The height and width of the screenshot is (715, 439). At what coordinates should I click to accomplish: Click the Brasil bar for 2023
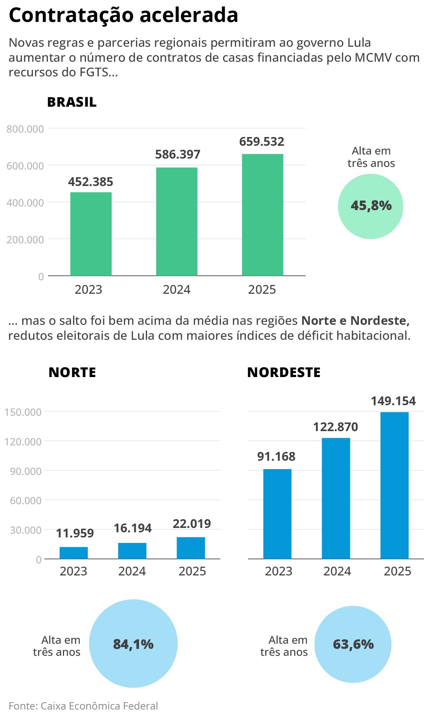pos(91,234)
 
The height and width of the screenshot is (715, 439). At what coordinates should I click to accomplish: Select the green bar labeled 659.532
pos(262,215)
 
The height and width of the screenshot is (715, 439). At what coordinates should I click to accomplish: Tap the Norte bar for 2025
pos(191,548)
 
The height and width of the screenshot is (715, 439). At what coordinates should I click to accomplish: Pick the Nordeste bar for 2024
pos(336,498)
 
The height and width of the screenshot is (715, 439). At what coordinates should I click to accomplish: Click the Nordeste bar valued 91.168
pos(277,514)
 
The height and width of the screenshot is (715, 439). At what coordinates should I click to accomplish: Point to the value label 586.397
pos(178,155)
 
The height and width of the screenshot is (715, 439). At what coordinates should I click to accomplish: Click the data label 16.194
pos(132,528)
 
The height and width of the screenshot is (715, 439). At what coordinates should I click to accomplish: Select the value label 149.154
pos(393,401)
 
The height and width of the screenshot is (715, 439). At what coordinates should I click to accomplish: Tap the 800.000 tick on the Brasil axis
pos(25,129)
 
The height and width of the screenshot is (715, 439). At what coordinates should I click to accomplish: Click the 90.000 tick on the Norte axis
pos(26,471)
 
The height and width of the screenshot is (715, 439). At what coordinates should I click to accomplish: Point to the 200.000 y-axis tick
pos(25,240)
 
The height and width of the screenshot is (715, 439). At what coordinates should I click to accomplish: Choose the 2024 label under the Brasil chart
pos(177,290)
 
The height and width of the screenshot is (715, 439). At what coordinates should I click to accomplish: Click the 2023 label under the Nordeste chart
pos(278,571)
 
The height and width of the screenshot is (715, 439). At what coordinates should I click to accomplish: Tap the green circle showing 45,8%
pos(371,206)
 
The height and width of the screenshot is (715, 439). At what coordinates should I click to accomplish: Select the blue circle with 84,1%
pos(133,644)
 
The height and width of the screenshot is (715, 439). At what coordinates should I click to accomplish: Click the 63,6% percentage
pos(353,644)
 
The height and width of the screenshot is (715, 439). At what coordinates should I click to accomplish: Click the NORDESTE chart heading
pos(284,372)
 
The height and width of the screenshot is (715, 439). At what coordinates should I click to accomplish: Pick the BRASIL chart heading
pos(72,102)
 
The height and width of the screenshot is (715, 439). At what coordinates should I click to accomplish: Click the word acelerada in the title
pos(189,15)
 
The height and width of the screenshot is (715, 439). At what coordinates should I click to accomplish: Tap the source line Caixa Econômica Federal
pos(99,706)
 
